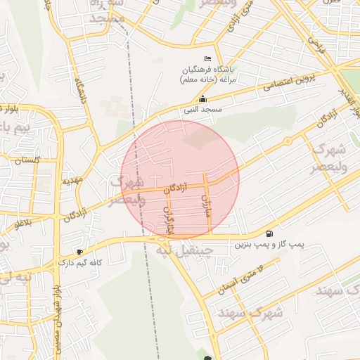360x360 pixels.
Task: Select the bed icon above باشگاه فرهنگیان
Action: [207, 58]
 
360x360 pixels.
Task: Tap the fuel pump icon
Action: [269, 233]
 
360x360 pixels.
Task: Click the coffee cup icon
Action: [79, 252]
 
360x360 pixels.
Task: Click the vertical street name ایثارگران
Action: [169, 219]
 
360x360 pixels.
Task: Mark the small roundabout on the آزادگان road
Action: [288, 141]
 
